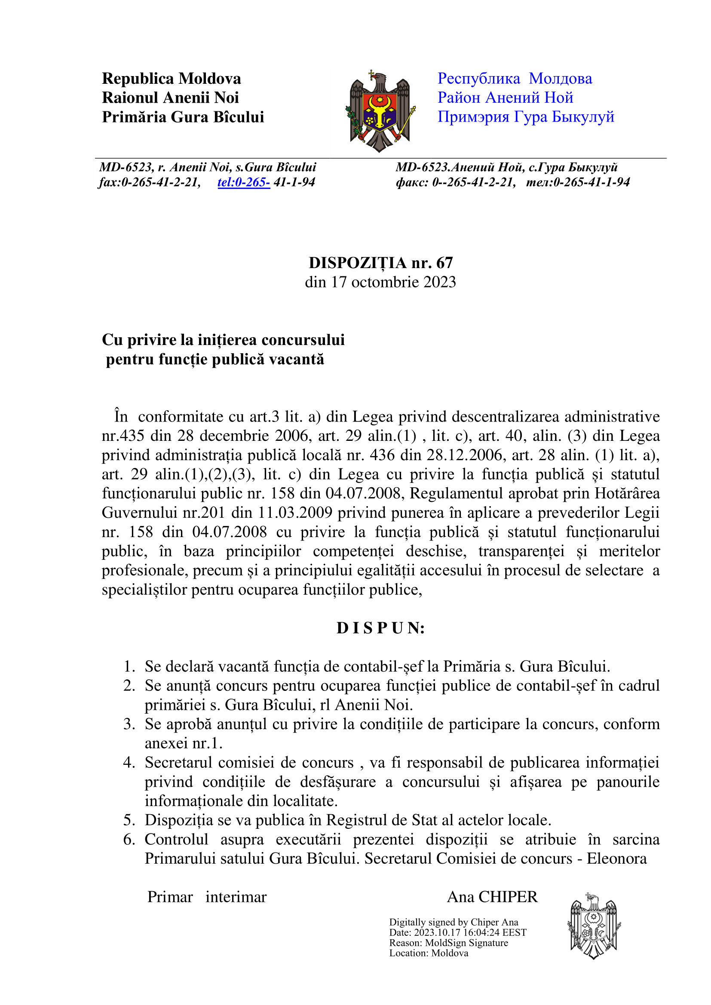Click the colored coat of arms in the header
coord(380,111)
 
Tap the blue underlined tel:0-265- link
coord(243,182)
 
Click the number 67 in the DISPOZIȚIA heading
coord(444,263)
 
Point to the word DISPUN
coord(380,628)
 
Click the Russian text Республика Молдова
coord(515,79)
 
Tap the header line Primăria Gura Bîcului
coord(183,117)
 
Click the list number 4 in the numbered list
coord(129,763)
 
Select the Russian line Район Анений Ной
coord(505,98)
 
